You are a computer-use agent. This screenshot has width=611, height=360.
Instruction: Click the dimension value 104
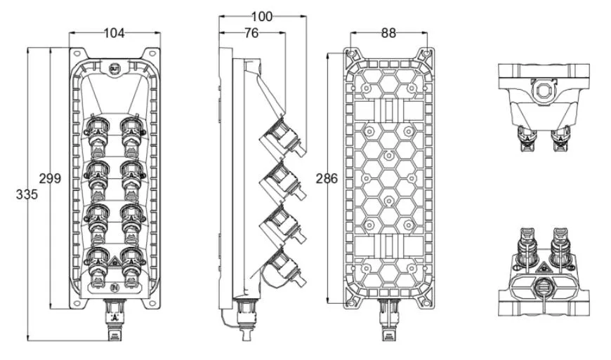115,32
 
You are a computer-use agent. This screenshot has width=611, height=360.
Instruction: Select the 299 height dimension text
50,178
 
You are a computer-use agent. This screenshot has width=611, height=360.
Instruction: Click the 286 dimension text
327,178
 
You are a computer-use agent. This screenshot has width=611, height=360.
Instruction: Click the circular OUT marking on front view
115,67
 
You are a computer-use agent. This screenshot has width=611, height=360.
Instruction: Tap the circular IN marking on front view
115,287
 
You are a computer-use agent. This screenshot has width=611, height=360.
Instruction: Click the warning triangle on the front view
115,265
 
